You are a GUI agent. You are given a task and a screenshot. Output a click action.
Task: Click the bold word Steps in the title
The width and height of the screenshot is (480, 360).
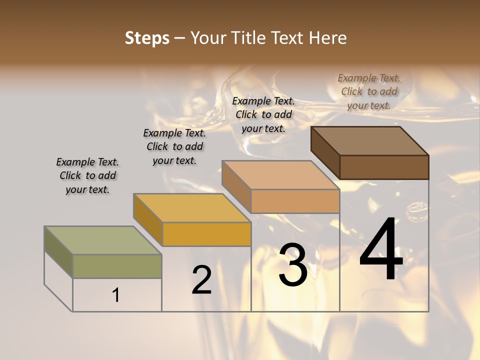[147, 38]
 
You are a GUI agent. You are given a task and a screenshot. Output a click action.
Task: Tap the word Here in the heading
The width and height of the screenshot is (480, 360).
[328, 38]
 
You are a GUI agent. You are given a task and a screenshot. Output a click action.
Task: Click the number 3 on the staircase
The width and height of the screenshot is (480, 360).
[293, 264]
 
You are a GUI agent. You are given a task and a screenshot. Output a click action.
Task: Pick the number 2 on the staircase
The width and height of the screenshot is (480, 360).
[201, 280]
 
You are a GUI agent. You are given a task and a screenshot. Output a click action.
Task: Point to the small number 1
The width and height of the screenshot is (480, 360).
[116, 295]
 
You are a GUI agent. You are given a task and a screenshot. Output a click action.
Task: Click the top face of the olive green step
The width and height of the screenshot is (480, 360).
[102, 240]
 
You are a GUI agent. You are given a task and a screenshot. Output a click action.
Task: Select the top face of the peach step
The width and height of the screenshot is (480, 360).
[280, 175]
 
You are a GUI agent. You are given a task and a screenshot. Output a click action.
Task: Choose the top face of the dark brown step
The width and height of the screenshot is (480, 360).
[370, 141]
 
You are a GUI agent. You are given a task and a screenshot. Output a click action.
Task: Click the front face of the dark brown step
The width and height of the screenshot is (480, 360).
[384, 167]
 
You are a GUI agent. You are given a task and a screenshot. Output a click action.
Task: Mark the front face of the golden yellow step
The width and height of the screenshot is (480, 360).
[206, 234]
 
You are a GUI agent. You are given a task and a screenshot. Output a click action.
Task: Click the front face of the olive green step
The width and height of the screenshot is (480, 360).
[117, 266]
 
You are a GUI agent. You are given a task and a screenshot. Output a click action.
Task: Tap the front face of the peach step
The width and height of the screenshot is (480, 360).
[295, 201]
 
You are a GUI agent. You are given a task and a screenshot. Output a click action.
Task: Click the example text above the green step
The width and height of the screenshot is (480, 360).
[87, 175]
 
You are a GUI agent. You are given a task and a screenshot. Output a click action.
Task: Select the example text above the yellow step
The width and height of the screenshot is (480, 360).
[174, 146]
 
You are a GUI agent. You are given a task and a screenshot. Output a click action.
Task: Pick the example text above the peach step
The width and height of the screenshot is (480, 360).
[263, 114]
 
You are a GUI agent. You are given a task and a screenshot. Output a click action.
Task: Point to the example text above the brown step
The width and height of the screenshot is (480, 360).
[369, 91]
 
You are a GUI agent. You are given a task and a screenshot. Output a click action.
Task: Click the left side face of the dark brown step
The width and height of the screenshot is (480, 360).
[325, 152]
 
